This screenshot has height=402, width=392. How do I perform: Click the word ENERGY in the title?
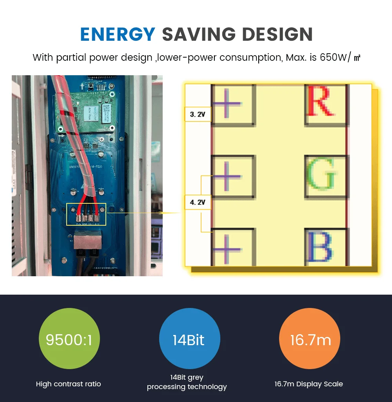point(118,35)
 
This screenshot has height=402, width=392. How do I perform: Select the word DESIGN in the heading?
point(277,35)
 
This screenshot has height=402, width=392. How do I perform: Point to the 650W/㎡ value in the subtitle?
point(340,57)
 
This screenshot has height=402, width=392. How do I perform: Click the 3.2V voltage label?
point(198,114)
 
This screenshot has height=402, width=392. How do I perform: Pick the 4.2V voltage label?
point(198,202)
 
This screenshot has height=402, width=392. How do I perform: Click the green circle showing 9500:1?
point(69,340)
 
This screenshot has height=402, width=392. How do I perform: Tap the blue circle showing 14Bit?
point(189,340)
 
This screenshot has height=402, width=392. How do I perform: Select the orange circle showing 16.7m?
point(310,340)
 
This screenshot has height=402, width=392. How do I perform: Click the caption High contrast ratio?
point(69,384)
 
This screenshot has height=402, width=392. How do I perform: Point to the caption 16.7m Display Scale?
point(309,384)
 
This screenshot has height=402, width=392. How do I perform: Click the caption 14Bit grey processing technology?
point(187,382)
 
